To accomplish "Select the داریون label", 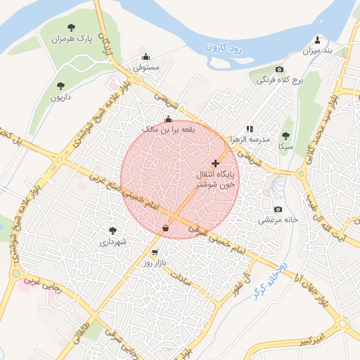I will [x=60, y=98].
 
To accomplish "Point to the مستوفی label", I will [x=147, y=68].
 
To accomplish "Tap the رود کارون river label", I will [x=224, y=50].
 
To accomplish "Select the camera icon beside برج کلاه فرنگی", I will [x=280, y=69].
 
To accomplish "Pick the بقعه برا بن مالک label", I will [x=167, y=130].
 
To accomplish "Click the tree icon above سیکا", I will [x=285, y=136].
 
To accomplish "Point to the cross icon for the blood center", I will [x=215, y=162].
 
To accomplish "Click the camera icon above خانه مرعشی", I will [x=278, y=209].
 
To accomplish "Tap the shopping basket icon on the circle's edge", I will [x=165, y=228].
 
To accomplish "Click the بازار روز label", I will [x=153, y=263].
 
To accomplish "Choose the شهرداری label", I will [x=112, y=242].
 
